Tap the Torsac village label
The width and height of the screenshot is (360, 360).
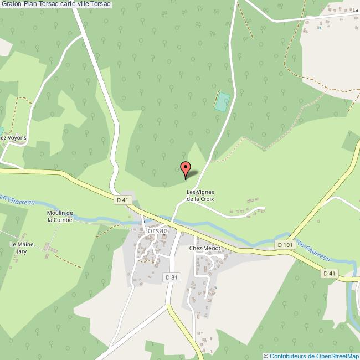155,230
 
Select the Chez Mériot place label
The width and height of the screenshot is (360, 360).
204,249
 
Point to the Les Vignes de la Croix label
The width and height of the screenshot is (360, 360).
200,196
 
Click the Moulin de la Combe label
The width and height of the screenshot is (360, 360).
60,216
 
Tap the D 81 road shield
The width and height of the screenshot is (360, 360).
171,276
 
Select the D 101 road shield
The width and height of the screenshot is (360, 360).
285,245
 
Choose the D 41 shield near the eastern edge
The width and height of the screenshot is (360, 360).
330,273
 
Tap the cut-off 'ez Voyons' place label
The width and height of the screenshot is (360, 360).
13,137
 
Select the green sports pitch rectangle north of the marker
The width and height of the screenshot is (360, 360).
222,102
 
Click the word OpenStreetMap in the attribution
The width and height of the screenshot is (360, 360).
337,356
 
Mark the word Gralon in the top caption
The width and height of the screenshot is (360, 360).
12,4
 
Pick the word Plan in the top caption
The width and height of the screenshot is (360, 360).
31,4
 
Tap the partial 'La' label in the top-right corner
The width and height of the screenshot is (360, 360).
355,10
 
